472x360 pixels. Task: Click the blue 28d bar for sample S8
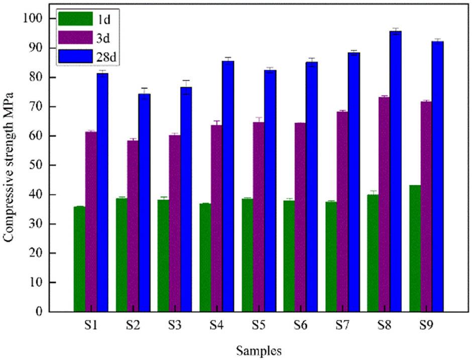coord(395,171)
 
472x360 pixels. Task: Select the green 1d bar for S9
coord(415,248)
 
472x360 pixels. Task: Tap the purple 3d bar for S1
coord(91,221)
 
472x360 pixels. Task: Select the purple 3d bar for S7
coord(342,211)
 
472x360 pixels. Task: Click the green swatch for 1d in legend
coord(74,19)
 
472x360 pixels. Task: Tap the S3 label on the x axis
coord(174,325)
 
